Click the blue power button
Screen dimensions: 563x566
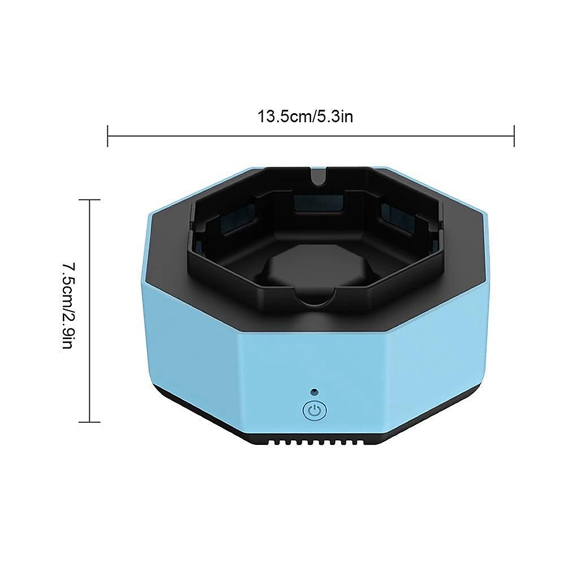point(315,410)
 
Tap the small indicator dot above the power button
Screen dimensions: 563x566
point(315,391)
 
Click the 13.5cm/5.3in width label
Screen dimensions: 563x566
point(305,117)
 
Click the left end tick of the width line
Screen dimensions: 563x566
point(108,136)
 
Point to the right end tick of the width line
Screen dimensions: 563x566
point(514,136)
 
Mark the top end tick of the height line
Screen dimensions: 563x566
point(89,199)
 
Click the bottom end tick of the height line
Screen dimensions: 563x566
point(89,422)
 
